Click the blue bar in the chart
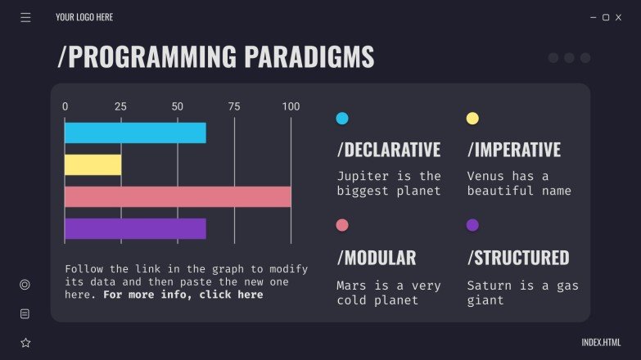tap(135, 133)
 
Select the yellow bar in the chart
tap(93, 164)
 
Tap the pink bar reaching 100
tap(178, 196)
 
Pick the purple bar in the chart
tap(135, 228)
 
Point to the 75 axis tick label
tap(234, 106)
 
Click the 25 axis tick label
tap(120, 106)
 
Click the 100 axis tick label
tap(291, 106)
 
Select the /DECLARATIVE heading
tap(389, 150)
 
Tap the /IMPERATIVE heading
tap(514, 150)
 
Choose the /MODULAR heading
tap(377, 258)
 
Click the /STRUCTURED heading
tap(518, 258)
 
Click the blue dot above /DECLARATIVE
tap(342, 119)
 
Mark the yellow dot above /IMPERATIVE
tap(472, 119)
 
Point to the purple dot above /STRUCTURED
tap(472, 225)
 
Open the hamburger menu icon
tap(25, 17)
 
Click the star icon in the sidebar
tap(25, 343)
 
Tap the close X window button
tap(621, 17)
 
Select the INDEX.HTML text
tap(601, 343)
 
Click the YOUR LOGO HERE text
tap(84, 17)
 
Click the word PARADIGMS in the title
tap(309, 57)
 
